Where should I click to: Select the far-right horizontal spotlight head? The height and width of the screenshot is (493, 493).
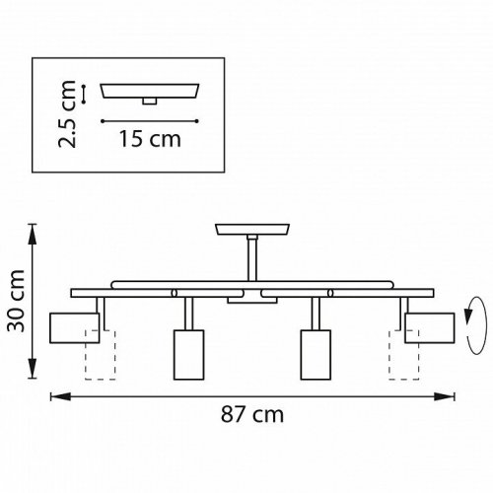point(428,326)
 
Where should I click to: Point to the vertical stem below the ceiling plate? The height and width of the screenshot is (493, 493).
point(250,258)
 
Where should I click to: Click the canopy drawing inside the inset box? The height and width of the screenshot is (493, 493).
point(151,91)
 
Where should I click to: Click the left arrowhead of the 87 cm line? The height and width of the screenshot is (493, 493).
point(55,396)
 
